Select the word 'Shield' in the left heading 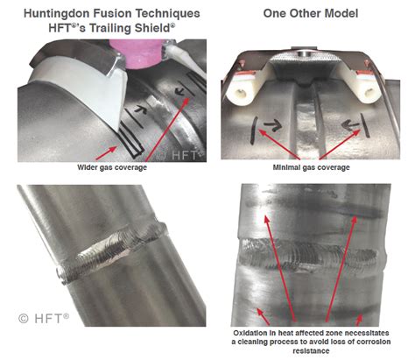[148, 30]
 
